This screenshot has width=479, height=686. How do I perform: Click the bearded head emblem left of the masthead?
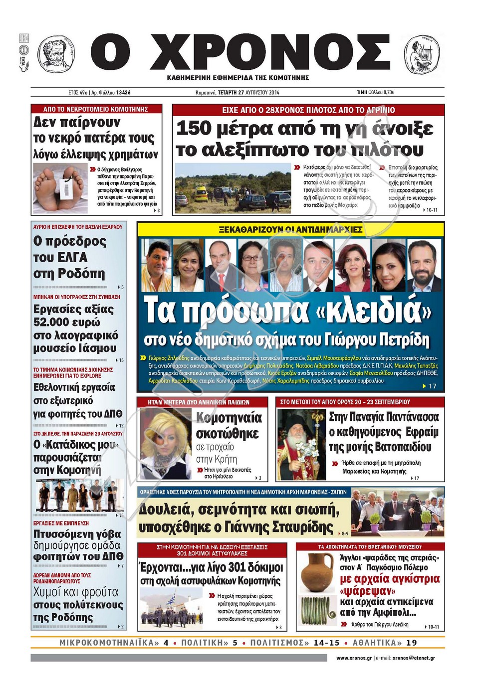pos(56,54)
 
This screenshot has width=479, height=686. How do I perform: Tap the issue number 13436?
pos(123,92)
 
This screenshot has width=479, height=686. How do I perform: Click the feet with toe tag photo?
pos(60,188)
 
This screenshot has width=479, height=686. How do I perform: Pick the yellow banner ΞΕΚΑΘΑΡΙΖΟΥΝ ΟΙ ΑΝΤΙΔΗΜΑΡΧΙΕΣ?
pos(290,229)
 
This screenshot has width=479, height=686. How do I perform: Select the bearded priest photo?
pos(301,445)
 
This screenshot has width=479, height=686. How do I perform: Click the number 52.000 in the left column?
pos(51,322)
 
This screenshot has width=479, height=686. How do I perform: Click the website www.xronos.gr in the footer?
pos(354,658)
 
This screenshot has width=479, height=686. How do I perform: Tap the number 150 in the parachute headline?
pos(194,128)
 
